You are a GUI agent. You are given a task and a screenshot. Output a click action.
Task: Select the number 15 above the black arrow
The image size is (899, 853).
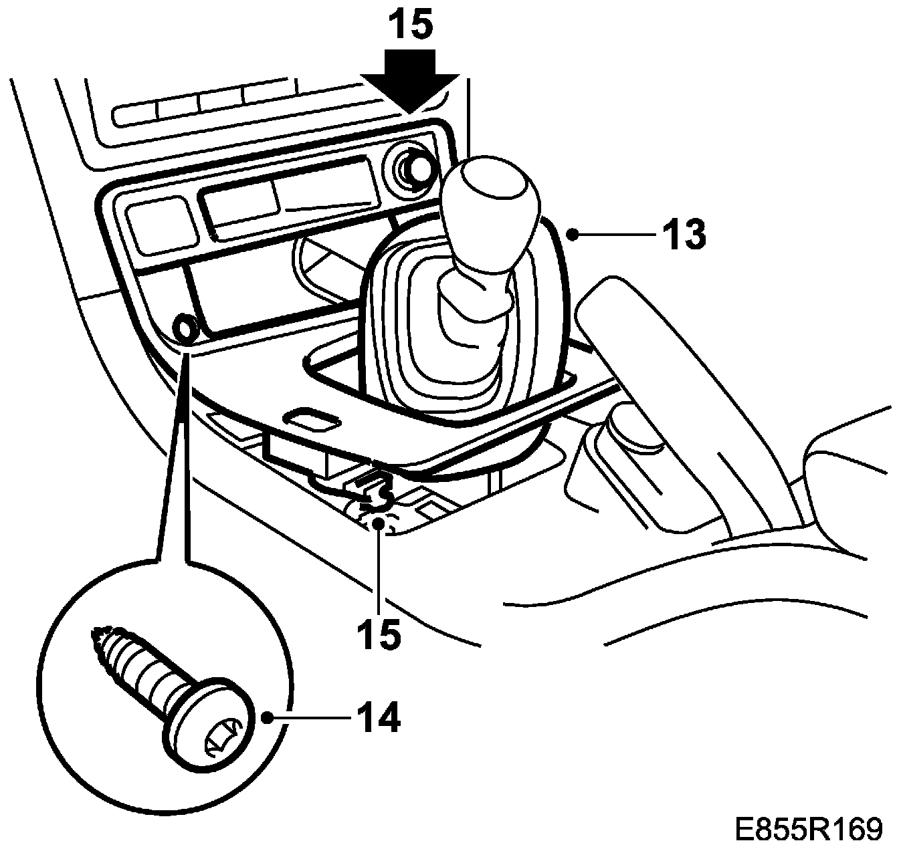coord(411,27)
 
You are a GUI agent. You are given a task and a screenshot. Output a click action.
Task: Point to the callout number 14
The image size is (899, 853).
coord(378,718)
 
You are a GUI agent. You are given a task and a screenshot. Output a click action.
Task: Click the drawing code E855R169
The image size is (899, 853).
coord(809,829)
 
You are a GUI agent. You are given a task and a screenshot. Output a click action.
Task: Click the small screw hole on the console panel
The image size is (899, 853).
coord(185,329)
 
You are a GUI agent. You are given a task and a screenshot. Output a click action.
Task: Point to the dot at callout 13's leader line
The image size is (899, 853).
coord(573,233)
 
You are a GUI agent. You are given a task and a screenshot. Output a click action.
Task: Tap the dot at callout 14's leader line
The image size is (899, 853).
coord(268,718)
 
